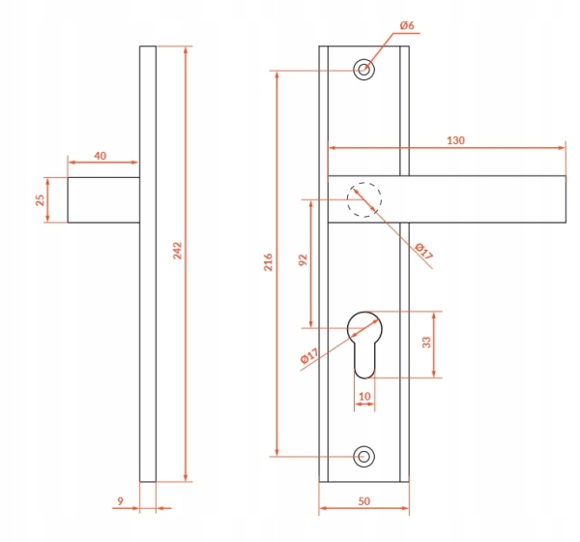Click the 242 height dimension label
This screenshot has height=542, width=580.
coord(178,251)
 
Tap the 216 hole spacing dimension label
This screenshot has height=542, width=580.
coord(268,262)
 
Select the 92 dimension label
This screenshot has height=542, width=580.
coord(303,260)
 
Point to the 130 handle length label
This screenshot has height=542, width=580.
coord(455,140)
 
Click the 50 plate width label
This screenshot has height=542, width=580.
coord(364,501)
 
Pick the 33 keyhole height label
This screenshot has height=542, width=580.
coord(426,343)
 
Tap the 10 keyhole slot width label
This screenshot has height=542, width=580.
coord(364,397)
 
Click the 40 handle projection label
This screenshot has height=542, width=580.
coord(101,156)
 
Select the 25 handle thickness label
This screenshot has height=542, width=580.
coord(40,200)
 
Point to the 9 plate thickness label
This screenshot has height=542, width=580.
coord(120,501)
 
